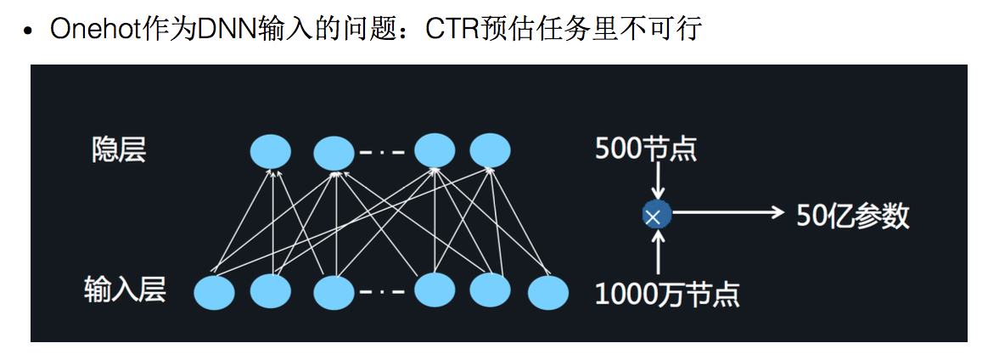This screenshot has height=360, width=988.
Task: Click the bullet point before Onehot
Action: pyautogui.click(x=29, y=31)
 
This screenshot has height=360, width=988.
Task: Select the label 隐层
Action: pyautogui.click(x=119, y=149)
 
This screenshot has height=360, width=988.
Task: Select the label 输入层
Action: pyautogui.click(x=125, y=290)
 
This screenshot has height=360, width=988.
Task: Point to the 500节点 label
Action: pyautogui.click(x=646, y=149)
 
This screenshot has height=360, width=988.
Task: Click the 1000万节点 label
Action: pyautogui.click(x=667, y=295)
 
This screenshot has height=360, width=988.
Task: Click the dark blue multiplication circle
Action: pyautogui.click(x=656, y=216)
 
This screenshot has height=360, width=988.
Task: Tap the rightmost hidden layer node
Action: pyautogui.click(x=490, y=150)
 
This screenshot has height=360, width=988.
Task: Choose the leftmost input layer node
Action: pyautogui.click(x=214, y=293)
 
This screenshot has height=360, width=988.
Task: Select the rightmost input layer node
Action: pyautogui.click(x=547, y=293)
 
